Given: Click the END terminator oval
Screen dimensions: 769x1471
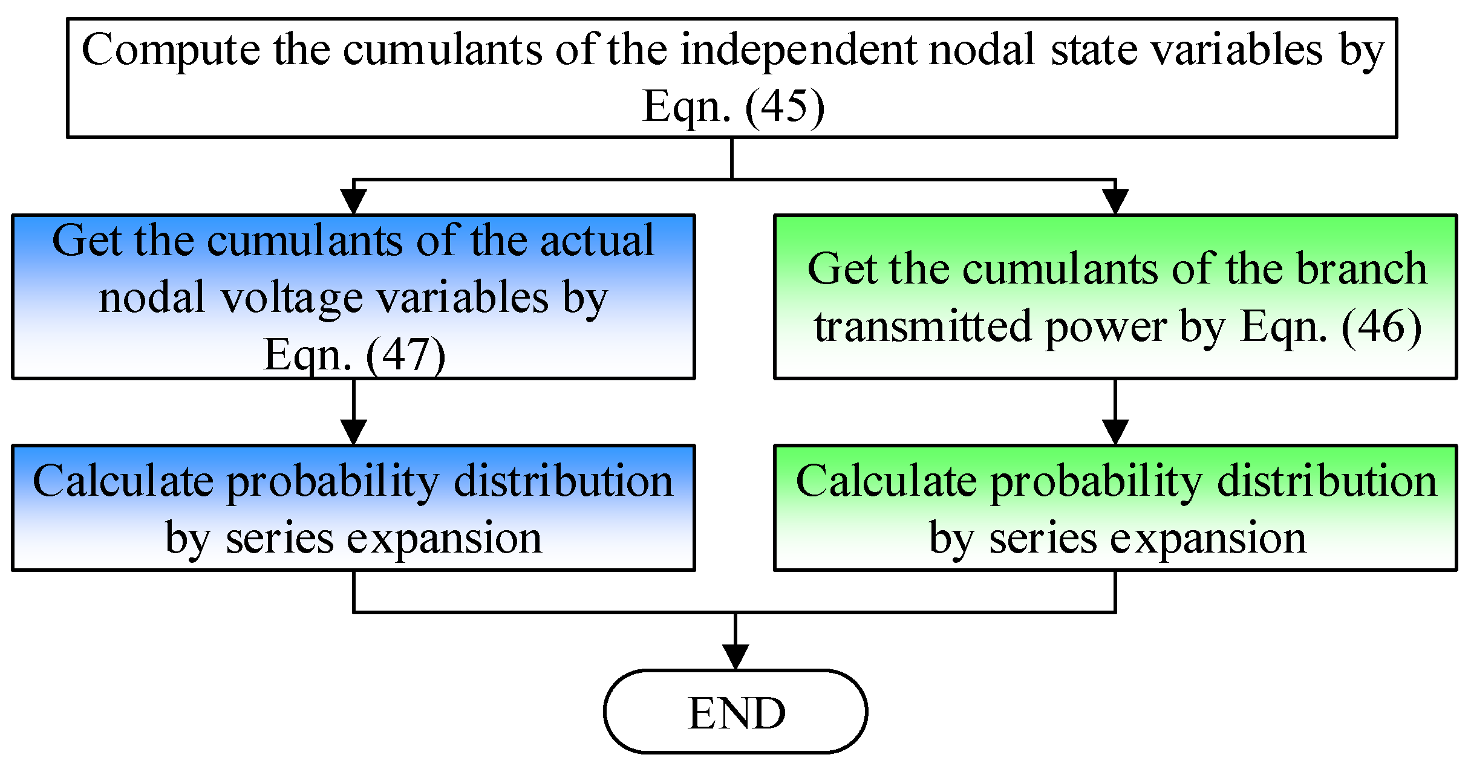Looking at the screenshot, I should (x=735, y=712).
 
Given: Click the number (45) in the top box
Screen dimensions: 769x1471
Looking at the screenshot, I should (x=784, y=106).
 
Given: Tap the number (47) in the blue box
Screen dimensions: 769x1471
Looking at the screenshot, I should (x=405, y=355).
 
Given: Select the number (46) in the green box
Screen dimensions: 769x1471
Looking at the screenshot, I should (x=1381, y=326).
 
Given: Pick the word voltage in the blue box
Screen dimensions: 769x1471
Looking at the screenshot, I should (x=293, y=299).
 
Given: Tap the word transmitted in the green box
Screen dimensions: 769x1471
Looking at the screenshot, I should (x=922, y=326).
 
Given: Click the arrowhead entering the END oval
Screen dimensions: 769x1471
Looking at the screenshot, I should (x=735, y=656).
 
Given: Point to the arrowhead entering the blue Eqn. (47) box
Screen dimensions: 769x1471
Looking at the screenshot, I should (x=354, y=201).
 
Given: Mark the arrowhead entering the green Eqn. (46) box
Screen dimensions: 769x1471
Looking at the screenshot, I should (x=1115, y=201).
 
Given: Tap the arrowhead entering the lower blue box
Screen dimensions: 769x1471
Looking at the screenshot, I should (x=354, y=432).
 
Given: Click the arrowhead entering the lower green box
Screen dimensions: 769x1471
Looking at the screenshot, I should (x=1115, y=432).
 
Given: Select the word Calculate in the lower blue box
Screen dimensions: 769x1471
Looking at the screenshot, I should (x=123, y=482).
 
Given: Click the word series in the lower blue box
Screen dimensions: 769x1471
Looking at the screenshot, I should (x=279, y=539).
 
